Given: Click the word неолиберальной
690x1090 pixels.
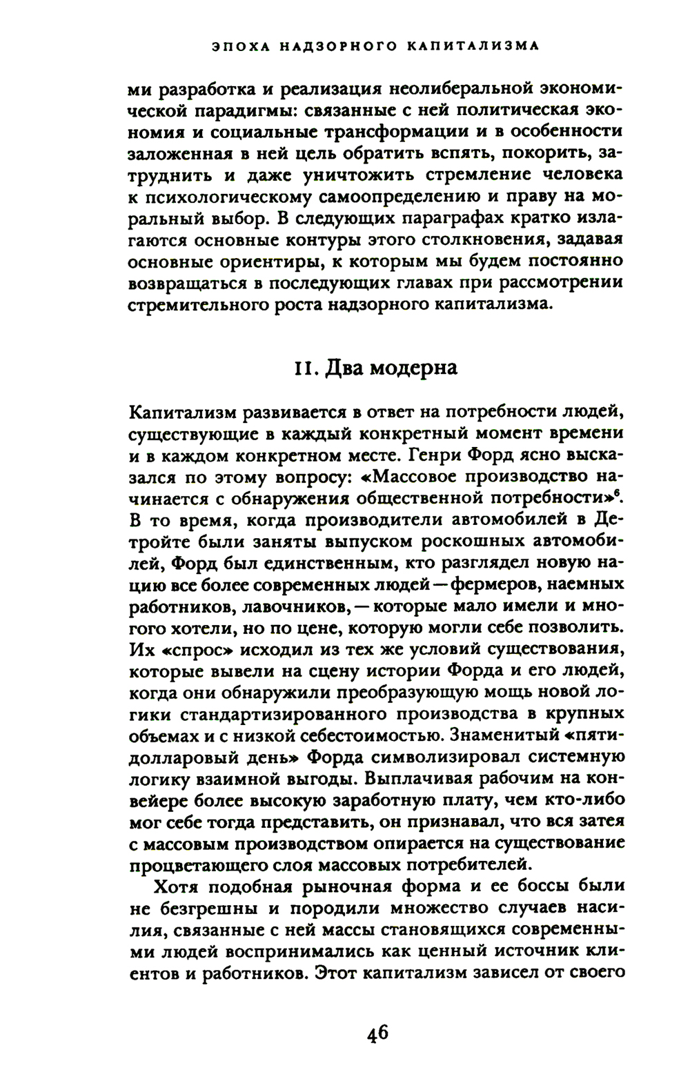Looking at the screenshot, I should coord(440,90).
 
